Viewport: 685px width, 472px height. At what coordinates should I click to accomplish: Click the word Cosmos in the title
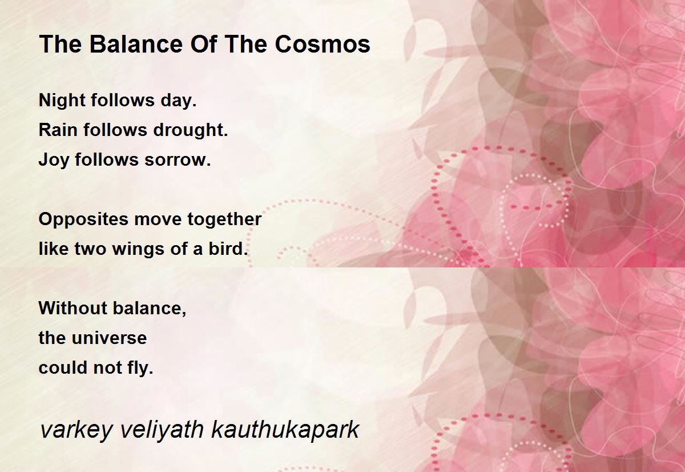[x=323, y=44]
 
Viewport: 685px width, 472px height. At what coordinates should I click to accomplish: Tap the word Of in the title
[x=204, y=44]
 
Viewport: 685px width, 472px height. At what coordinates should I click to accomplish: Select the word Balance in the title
[x=136, y=44]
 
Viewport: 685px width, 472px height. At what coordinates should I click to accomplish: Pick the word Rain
[x=58, y=130]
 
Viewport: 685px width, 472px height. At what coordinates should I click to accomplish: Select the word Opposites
[x=83, y=220]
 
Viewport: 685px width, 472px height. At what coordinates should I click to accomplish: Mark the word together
[x=224, y=220]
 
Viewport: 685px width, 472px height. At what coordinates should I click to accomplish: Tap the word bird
[x=228, y=249]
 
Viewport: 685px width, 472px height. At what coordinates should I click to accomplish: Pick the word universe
[x=110, y=338]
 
